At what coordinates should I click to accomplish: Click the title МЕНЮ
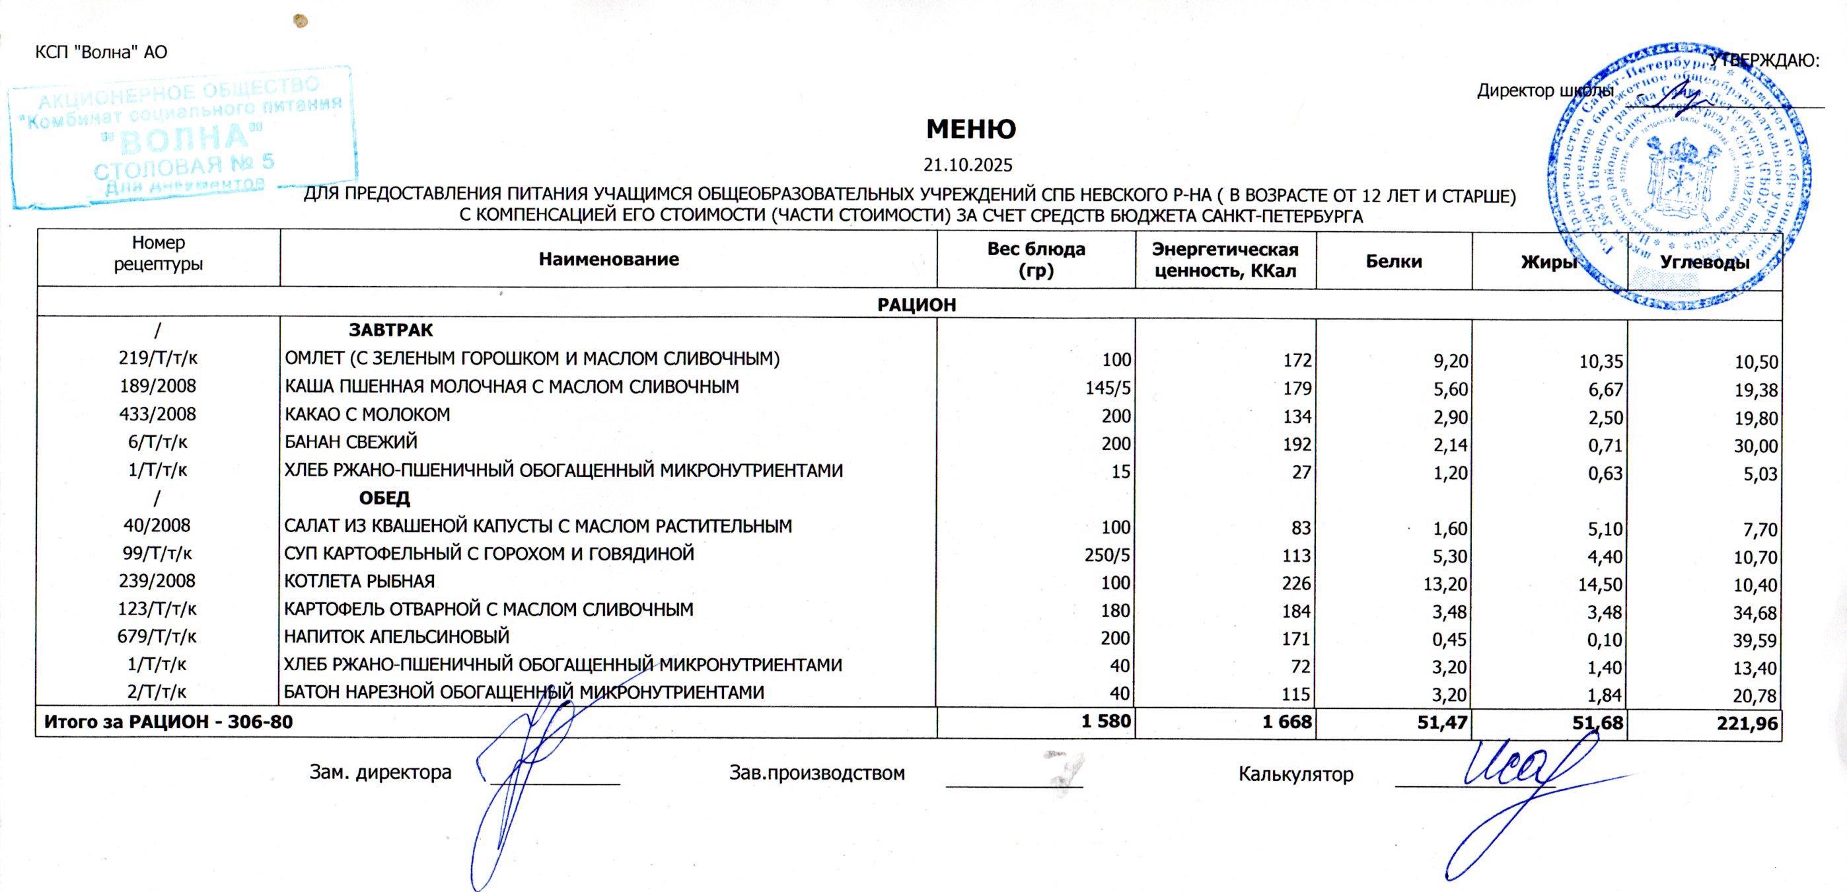[x=970, y=129]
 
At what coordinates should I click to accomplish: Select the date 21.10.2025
[x=967, y=165]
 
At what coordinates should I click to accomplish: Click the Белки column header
[x=1393, y=261]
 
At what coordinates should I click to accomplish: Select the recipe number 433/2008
[x=158, y=414]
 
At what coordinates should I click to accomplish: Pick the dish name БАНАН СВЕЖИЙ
[x=351, y=441]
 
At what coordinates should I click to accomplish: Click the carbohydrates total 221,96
[x=1747, y=724]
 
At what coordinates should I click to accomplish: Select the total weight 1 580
[x=1106, y=722]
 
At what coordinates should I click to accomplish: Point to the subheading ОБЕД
[x=384, y=498]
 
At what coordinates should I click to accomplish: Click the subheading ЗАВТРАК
[x=391, y=330]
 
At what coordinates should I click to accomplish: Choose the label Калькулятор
[x=1295, y=774]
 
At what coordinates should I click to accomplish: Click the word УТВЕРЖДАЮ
[x=1764, y=60]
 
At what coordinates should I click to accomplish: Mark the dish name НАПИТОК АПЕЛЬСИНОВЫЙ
[x=396, y=636]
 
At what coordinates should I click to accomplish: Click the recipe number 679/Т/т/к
[x=157, y=636]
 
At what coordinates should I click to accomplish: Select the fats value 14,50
[x=1600, y=584]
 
